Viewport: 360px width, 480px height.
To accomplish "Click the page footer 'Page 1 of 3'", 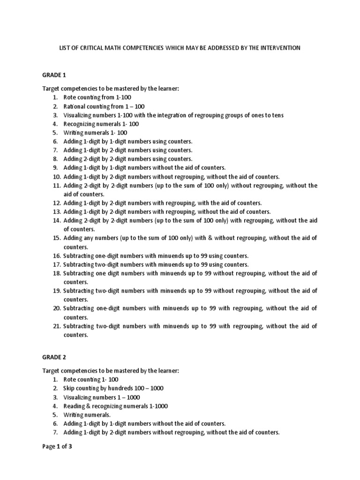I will [57, 447].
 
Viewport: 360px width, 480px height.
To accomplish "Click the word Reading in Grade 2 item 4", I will [74, 406].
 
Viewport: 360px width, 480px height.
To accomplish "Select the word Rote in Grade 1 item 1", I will [70, 97].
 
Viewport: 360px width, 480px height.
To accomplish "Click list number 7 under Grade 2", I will [55, 433].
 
